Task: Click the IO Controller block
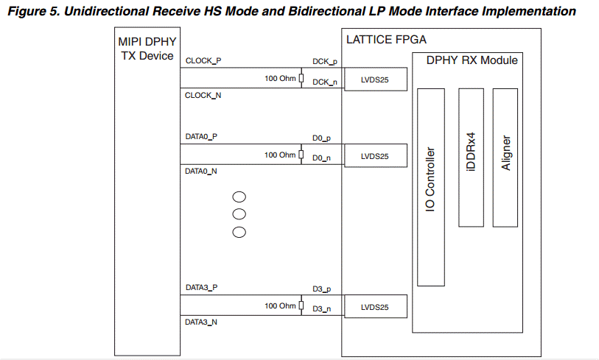point(431,187)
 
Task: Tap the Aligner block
point(506,157)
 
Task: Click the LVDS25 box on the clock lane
point(374,80)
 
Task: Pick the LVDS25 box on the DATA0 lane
point(374,156)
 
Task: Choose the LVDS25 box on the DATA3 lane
point(374,307)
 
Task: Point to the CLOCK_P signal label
point(203,61)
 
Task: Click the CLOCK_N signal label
point(203,95)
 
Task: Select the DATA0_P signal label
point(201,137)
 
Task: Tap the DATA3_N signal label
point(201,322)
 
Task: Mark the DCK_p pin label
point(325,65)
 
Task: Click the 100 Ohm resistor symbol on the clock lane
point(301,79)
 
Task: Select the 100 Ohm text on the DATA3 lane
point(280,306)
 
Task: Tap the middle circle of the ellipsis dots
point(239,215)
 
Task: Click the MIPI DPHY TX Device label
point(147,50)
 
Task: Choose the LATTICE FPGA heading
point(386,39)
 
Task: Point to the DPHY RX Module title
point(472,60)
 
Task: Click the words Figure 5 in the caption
point(29,11)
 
